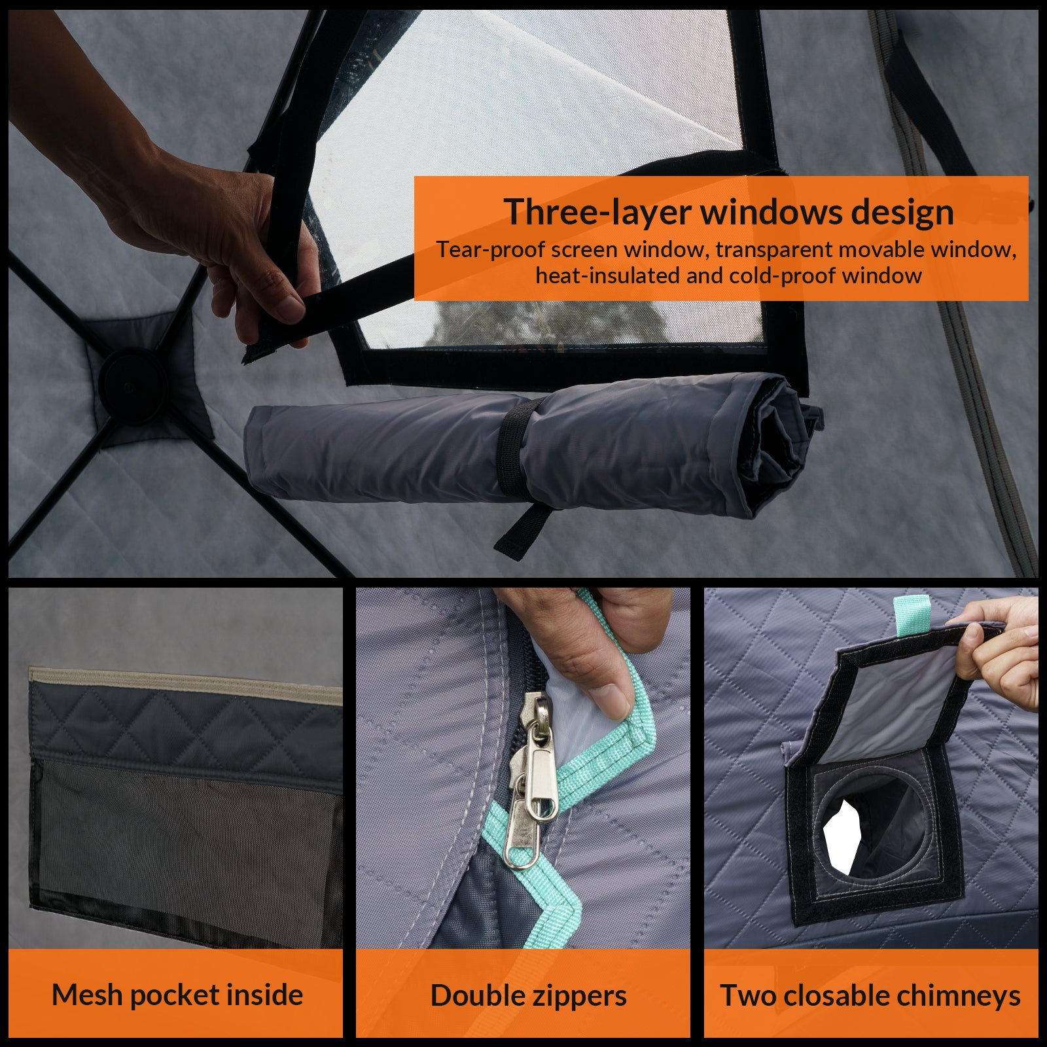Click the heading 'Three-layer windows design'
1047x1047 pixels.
click(x=728, y=212)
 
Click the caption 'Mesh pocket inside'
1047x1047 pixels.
click(x=177, y=995)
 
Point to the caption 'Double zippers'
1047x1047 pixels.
click(x=529, y=996)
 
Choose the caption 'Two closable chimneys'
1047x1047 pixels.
click(x=871, y=996)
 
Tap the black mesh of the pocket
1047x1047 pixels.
click(x=183, y=851)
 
